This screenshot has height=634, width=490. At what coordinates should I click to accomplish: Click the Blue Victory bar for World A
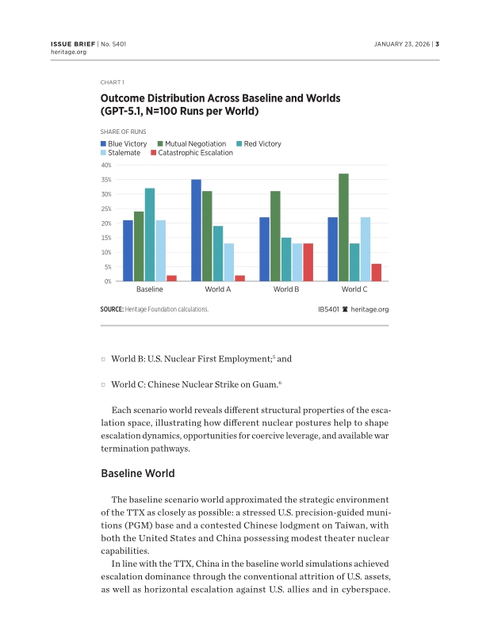196,230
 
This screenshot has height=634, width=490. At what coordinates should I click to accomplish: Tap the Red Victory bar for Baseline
150,235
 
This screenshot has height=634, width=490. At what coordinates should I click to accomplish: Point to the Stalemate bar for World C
366,249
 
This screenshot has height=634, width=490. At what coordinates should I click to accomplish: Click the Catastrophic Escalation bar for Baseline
172,278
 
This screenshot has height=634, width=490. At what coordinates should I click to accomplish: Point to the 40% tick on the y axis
105,165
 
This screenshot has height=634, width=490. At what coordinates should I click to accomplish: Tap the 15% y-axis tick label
105,238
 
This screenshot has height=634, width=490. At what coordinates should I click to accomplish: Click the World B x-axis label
286,289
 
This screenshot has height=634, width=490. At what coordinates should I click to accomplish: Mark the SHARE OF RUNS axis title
123,132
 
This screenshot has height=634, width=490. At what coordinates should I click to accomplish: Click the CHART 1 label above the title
112,82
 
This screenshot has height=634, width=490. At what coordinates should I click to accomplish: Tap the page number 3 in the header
437,44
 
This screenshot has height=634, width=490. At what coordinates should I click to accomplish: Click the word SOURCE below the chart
112,309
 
